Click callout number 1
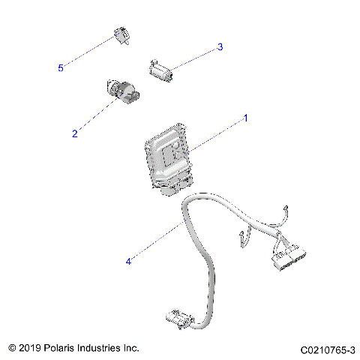(244, 118)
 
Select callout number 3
(220, 47)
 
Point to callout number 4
(128, 262)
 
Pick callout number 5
(61, 67)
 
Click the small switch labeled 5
(121, 35)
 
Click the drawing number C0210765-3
(327, 349)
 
